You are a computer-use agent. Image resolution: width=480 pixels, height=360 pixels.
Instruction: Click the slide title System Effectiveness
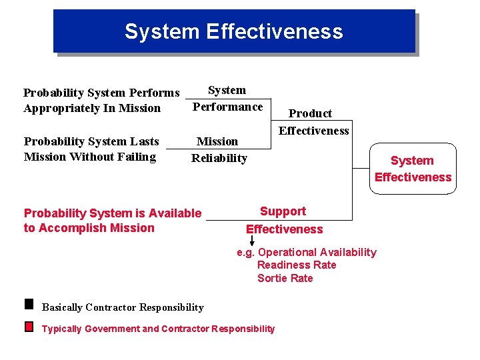233,31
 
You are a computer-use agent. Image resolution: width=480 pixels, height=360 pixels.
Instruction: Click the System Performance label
227,99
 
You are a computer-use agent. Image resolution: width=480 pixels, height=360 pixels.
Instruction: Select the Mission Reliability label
219,150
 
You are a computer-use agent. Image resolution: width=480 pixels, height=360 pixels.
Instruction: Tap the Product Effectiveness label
313,122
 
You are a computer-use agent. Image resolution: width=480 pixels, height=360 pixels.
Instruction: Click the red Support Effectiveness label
284,220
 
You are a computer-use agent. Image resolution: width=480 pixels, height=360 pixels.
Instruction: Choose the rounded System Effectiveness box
413,169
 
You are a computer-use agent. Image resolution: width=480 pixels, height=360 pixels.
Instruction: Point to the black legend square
29,304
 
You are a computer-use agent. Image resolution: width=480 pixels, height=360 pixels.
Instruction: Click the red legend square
29,327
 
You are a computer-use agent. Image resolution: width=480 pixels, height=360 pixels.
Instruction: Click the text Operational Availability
317,252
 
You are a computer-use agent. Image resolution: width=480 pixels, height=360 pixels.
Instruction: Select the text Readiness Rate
297,265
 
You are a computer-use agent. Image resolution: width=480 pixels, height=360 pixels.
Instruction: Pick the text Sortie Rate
285,278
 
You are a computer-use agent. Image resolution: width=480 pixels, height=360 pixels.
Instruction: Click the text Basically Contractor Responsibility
123,307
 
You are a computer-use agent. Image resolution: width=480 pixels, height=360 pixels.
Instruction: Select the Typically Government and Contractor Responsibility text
158,329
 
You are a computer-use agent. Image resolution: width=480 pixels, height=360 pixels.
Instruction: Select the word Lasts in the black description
145,141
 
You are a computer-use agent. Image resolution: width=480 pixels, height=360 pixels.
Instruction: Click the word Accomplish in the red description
67,228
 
